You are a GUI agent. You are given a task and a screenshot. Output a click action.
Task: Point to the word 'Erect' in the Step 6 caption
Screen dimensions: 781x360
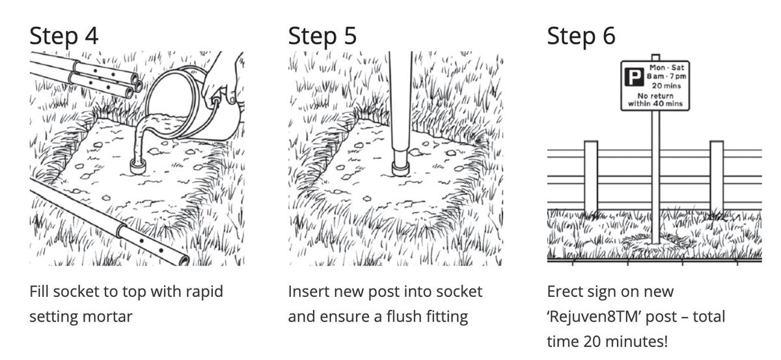point(565,291)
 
